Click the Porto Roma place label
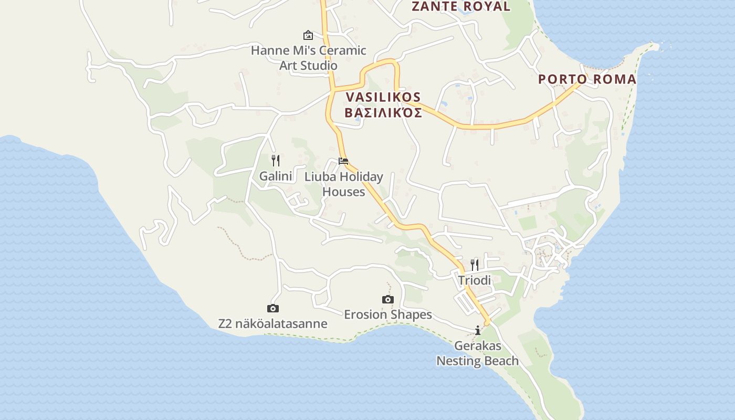[587, 80]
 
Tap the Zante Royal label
[460, 6]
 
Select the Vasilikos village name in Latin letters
[383, 97]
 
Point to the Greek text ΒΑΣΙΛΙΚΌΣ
[383, 113]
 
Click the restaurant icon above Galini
[275, 160]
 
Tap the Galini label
[275, 176]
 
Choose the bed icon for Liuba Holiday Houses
[343, 161]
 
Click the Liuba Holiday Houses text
[343, 184]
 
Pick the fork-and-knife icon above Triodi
[475, 265]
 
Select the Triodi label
[475, 280]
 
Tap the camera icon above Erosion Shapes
[388, 299]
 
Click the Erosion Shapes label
[388, 314]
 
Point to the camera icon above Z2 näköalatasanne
[273, 308]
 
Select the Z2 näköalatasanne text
[273, 323]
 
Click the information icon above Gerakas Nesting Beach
[478, 330]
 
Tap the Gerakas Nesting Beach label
[478, 353]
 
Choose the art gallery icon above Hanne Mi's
[308, 35]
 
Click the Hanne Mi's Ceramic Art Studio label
[308, 58]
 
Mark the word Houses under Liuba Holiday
[343, 192]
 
